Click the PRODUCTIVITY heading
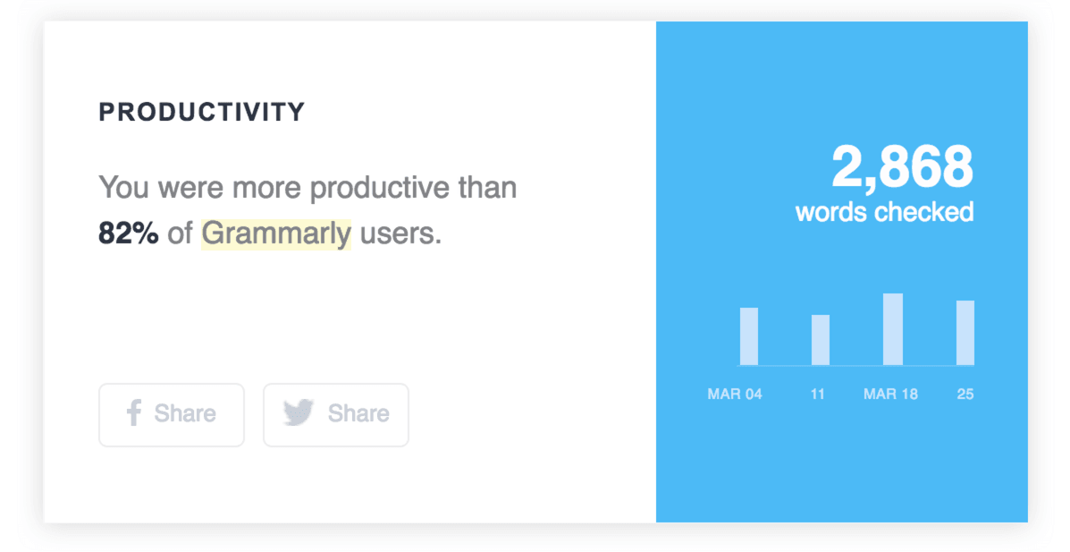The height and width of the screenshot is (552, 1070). pyautogui.click(x=201, y=112)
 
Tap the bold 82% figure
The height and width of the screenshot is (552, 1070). pyautogui.click(x=128, y=234)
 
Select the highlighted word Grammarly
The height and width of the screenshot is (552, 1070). pyautogui.click(x=276, y=234)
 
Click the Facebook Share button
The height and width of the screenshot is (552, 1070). pyautogui.click(x=171, y=414)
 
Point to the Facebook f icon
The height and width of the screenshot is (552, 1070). pyautogui.click(x=133, y=413)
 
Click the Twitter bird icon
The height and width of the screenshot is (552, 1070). pyautogui.click(x=299, y=413)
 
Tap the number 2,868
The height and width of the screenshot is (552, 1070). pyautogui.click(x=901, y=167)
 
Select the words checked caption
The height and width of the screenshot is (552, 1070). pyautogui.click(x=884, y=212)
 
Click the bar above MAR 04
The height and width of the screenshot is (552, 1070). pyautogui.click(x=749, y=336)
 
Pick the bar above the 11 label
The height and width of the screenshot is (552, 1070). pyautogui.click(x=821, y=340)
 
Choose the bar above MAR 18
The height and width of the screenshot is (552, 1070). pyautogui.click(x=893, y=329)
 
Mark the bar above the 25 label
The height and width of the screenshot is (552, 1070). pyautogui.click(x=965, y=333)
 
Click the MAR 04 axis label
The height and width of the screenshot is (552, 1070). pyautogui.click(x=735, y=394)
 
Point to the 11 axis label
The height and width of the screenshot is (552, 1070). pyautogui.click(x=818, y=394)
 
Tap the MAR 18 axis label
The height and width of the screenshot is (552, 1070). pyautogui.click(x=890, y=394)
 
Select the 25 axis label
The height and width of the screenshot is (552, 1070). pyautogui.click(x=965, y=394)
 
